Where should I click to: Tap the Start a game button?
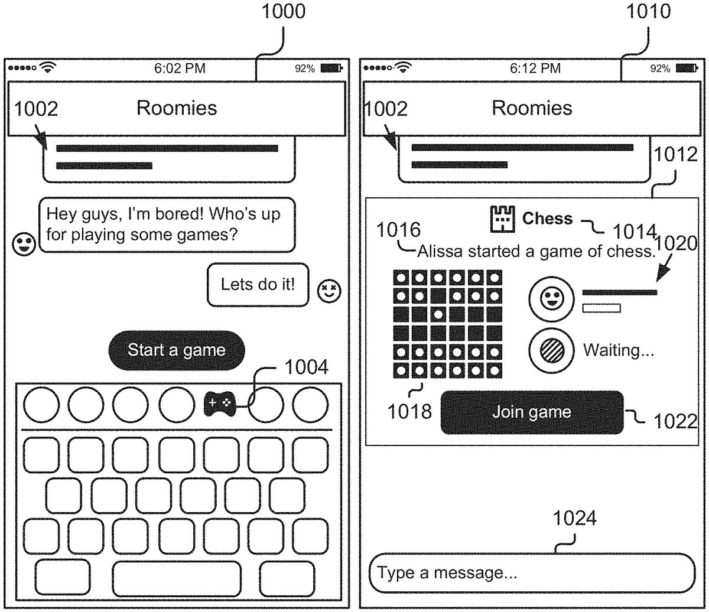point(176,350)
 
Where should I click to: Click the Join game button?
point(532,412)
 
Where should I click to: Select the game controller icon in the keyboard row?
point(219,404)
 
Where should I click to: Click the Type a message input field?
point(532,572)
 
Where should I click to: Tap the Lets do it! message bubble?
point(258,284)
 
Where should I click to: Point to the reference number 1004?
point(306,367)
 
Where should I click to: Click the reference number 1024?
point(574,519)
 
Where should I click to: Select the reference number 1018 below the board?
point(409,411)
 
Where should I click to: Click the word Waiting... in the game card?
point(619,350)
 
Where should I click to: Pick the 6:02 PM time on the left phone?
point(180,69)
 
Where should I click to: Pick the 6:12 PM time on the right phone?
point(535,69)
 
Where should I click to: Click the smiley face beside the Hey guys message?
point(24,244)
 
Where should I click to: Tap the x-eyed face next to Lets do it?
point(329,291)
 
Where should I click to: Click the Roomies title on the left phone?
point(177,108)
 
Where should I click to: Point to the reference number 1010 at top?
point(649,12)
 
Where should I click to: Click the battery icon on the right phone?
point(687,69)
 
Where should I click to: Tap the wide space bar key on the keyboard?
point(177,578)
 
